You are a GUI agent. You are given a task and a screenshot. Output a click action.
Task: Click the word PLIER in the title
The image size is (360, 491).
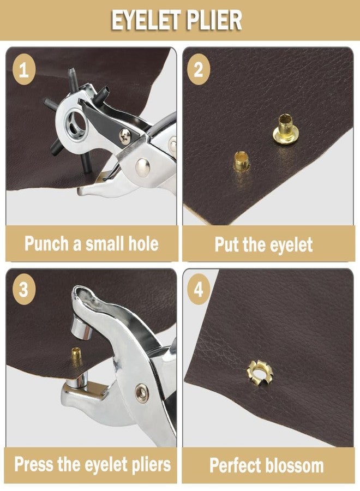[x=214, y=20]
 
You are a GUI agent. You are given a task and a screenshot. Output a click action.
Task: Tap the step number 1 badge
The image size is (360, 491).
[x=24, y=69]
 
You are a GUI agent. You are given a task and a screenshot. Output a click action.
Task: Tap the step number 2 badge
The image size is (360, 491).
[x=198, y=69]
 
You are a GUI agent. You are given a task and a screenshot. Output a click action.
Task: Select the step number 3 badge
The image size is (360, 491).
[x=24, y=290]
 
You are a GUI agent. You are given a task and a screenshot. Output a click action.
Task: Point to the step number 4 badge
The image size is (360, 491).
[x=198, y=290]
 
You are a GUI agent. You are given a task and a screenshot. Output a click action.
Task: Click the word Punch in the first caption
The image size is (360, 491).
[x=47, y=243]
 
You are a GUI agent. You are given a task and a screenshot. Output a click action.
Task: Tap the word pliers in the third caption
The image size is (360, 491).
[x=151, y=465]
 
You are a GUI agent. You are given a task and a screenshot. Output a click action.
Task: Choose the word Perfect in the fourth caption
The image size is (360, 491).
[x=235, y=465]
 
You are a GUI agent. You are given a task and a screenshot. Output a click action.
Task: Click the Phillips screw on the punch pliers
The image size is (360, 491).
[x=125, y=136]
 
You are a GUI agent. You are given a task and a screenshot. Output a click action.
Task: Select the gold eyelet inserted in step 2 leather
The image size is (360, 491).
[x=241, y=161]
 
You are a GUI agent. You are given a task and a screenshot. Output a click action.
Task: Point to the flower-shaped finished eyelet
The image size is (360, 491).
[x=260, y=373]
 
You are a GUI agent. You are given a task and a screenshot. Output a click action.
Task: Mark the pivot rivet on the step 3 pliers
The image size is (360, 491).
[x=142, y=393]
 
